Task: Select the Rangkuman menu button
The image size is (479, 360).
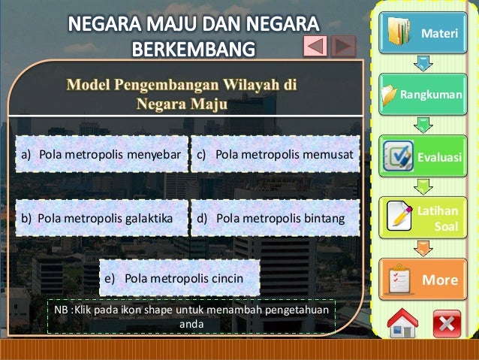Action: click(x=422, y=95)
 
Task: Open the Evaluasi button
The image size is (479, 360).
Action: click(x=422, y=156)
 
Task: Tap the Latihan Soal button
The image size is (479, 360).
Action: click(x=422, y=218)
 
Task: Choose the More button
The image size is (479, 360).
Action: click(x=422, y=280)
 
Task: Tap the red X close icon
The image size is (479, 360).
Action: click(x=447, y=324)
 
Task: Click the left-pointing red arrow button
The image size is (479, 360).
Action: click(x=315, y=47)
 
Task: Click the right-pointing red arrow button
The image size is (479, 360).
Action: click(x=343, y=47)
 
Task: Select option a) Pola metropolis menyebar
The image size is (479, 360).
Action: click(x=101, y=155)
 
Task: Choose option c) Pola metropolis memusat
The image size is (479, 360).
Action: click(x=275, y=155)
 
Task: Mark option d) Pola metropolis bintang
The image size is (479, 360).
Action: click(x=275, y=218)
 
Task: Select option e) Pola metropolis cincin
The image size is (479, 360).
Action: click(x=179, y=278)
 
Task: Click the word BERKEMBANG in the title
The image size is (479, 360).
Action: click(x=194, y=50)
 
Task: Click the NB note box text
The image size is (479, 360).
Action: click(x=191, y=317)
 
